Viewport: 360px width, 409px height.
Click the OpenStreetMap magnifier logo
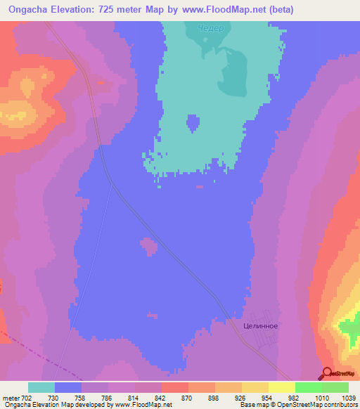tap(327, 373)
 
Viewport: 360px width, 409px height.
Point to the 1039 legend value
tap(348, 398)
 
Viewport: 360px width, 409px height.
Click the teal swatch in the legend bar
tap(41, 387)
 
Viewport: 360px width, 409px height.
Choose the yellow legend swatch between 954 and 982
tap(255, 387)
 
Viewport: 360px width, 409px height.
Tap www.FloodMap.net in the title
tap(221, 10)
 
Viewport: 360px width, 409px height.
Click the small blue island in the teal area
tap(193, 124)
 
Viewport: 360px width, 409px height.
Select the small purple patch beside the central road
tap(148, 246)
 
